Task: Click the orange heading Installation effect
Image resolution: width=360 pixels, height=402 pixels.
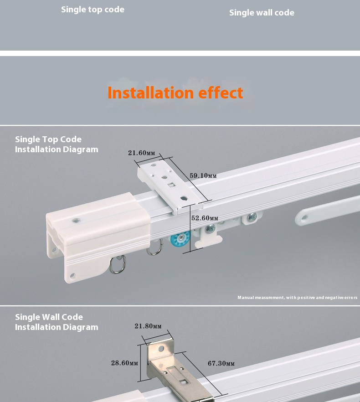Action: [x=175, y=93]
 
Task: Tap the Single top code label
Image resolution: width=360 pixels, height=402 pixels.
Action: [x=93, y=10]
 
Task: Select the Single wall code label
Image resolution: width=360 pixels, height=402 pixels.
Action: [x=262, y=13]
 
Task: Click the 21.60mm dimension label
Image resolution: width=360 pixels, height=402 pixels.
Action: [x=142, y=153]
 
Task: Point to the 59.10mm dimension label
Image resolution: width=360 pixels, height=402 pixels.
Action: [x=203, y=175]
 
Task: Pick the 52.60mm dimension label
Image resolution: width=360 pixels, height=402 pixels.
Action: [x=205, y=218]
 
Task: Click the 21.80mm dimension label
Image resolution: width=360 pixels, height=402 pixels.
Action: [x=148, y=326]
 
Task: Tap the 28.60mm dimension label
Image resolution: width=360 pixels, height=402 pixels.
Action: [x=124, y=363]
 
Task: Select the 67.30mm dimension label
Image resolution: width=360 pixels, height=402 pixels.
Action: [x=221, y=363]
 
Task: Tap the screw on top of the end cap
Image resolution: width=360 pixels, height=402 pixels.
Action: [x=77, y=220]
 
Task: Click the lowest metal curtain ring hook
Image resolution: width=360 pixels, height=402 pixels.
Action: [x=118, y=264]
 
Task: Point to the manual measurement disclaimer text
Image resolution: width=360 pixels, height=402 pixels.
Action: [x=298, y=297]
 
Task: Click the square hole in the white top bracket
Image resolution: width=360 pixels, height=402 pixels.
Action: [x=171, y=185]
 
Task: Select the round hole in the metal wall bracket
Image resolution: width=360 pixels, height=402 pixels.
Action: [x=161, y=349]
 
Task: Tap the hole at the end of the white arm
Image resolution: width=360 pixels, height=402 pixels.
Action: [x=304, y=218]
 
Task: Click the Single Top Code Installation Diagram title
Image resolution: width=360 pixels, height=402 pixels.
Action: [x=57, y=144]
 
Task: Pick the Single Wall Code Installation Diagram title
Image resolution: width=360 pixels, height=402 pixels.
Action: [x=57, y=322]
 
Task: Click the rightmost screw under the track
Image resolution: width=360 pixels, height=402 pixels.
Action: [x=252, y=217]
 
